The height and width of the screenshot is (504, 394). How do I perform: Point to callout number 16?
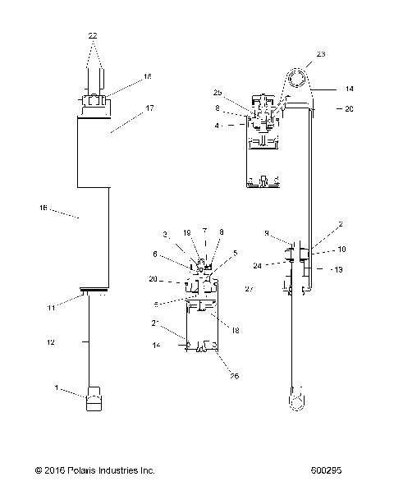(43, 208)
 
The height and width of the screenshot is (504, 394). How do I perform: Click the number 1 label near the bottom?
(56, 388)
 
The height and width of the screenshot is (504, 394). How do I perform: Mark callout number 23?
(320, 54)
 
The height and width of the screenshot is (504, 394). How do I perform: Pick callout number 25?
(218, 92)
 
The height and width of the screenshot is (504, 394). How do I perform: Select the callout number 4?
(216, 126)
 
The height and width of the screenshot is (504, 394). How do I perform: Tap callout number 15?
(148, 76)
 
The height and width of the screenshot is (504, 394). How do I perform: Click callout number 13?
(337, 269)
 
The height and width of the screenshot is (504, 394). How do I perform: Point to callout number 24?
(281, 265)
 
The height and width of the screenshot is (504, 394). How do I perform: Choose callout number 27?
(249, 289)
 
